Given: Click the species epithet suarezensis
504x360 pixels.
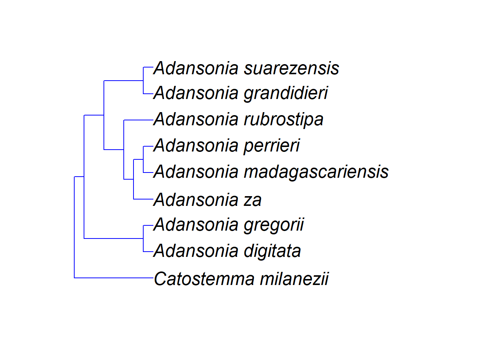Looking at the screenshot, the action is click(292, 68).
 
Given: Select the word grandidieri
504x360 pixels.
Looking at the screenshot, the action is click(286, 93).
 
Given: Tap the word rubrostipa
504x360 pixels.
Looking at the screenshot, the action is click(284, 120).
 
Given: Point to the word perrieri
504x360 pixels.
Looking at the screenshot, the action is click(272, 146).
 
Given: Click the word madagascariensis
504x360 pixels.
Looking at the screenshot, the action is click(316, 172).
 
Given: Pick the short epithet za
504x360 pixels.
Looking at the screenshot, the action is click(253, 200).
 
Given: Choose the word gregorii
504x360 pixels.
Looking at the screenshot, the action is click(274, 225).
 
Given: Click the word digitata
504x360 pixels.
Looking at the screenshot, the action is click(273, 251).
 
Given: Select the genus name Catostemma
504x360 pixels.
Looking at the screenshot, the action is click(204, 279).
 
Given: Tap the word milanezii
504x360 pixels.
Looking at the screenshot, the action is click(294, 279).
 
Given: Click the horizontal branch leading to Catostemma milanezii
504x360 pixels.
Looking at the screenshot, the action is click(114, 278).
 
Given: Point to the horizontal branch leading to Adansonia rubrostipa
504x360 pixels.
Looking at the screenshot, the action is click(138, 120).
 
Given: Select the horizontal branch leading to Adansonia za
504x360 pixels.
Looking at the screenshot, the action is click(143, 199).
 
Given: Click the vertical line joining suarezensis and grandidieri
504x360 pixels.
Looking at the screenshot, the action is click(143, 80).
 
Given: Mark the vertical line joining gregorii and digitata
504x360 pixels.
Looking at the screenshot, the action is click(143, 238).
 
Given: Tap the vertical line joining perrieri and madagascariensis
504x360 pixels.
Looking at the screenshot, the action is click(143, 159).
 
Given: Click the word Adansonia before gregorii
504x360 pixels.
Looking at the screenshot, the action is click(196, 225).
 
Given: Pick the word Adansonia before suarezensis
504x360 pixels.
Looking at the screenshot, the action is click(196, 68).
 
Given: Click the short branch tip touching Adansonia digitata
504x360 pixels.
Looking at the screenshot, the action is click(148, 252).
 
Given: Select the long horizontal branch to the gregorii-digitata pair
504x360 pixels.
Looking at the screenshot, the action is click(114, 238).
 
